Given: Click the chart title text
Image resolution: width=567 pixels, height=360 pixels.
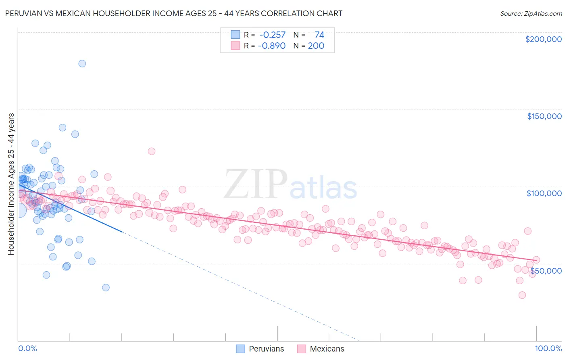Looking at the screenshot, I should (173, 13).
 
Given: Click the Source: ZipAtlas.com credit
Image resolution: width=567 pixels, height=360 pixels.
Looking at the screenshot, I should (531, 13).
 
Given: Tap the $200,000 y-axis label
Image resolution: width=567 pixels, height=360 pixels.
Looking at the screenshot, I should (543, 39).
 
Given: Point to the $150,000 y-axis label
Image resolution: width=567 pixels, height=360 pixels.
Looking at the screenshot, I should (544, 116).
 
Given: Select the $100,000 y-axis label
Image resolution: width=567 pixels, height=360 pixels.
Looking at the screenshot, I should (544, 193).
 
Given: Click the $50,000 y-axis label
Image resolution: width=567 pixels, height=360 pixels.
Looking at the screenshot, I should (546, 270).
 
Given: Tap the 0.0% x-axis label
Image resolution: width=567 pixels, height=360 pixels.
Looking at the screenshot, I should (27, 348).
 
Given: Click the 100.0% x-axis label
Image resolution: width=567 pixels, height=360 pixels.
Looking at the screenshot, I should (548, 348).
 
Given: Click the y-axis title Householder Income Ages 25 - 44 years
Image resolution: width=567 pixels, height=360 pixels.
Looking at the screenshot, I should (11, 184).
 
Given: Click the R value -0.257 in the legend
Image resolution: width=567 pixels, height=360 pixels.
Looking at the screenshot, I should (272, 35).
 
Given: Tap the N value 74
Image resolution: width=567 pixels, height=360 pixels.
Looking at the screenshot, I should (319, 35).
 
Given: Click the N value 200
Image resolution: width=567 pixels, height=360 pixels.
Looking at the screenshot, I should (316, 46).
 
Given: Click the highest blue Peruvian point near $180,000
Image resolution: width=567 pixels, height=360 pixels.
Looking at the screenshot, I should (82, 63).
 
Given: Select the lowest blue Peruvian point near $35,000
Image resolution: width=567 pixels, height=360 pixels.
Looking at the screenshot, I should (106, 287).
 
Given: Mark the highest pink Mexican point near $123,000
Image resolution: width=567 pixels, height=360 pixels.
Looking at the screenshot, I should (152, 151).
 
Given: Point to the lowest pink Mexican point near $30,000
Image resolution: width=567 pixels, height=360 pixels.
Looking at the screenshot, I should (522, 295).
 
